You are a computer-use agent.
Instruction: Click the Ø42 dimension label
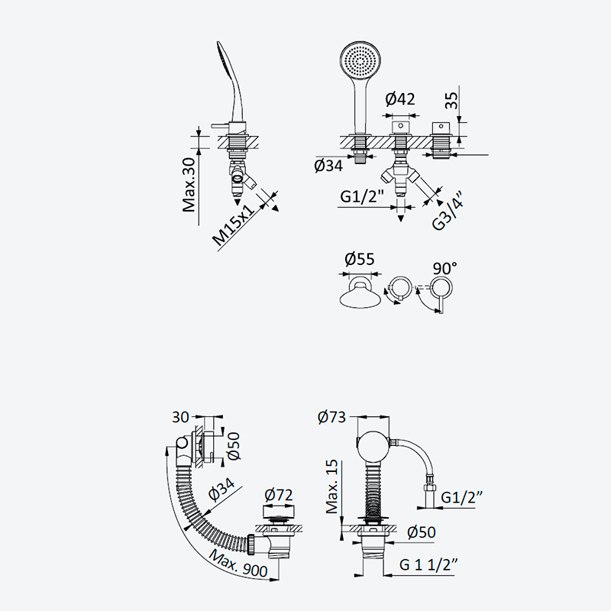click(400, 99)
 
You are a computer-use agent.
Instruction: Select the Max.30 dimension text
click(189, 185)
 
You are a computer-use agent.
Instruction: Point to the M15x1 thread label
click(234, 225)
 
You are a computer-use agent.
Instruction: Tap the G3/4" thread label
click(448, 211)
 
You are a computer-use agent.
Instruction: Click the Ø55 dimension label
click(360, 259)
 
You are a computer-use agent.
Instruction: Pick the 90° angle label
click(445, 268)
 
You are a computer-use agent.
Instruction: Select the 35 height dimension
click(452, 101)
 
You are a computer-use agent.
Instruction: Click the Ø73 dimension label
click(331, 417)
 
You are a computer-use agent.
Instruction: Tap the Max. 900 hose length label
click(238, 564)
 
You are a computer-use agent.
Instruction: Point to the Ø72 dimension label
click(278, 495)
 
